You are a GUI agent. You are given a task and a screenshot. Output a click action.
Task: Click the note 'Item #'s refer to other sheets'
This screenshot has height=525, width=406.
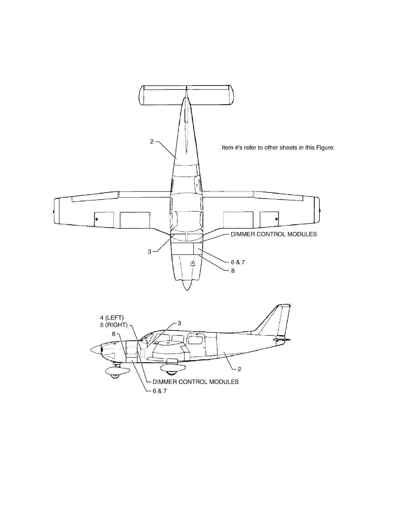[278, 148]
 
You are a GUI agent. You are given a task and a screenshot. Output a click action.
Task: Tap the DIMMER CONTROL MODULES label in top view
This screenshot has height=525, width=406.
[274, 234]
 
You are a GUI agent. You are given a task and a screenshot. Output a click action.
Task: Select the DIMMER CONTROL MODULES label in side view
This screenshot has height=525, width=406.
[195, 382]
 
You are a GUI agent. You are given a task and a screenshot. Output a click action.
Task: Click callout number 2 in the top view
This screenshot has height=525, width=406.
[152, 142]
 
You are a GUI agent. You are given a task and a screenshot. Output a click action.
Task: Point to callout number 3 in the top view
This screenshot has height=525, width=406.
[150, 252]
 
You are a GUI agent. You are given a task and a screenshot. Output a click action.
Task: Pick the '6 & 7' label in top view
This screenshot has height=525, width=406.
[238, 262]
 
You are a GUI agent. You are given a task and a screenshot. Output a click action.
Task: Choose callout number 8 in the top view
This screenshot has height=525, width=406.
[233, 271]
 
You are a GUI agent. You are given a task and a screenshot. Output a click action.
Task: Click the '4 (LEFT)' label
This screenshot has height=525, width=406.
[112, 319]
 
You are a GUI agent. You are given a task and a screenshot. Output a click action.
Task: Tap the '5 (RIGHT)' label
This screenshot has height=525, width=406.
[114, 325]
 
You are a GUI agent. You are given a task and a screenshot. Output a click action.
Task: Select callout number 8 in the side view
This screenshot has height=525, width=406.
[113, 334]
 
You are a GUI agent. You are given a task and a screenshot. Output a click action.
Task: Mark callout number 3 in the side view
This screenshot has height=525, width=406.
[179, 323]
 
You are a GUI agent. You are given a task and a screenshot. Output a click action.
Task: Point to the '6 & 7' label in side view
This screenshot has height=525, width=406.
[160, 391]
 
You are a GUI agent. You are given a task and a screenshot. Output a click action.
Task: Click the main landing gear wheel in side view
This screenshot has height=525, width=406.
[171, 371]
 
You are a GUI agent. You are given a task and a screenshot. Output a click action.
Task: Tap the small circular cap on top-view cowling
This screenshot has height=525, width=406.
[192, 264]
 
